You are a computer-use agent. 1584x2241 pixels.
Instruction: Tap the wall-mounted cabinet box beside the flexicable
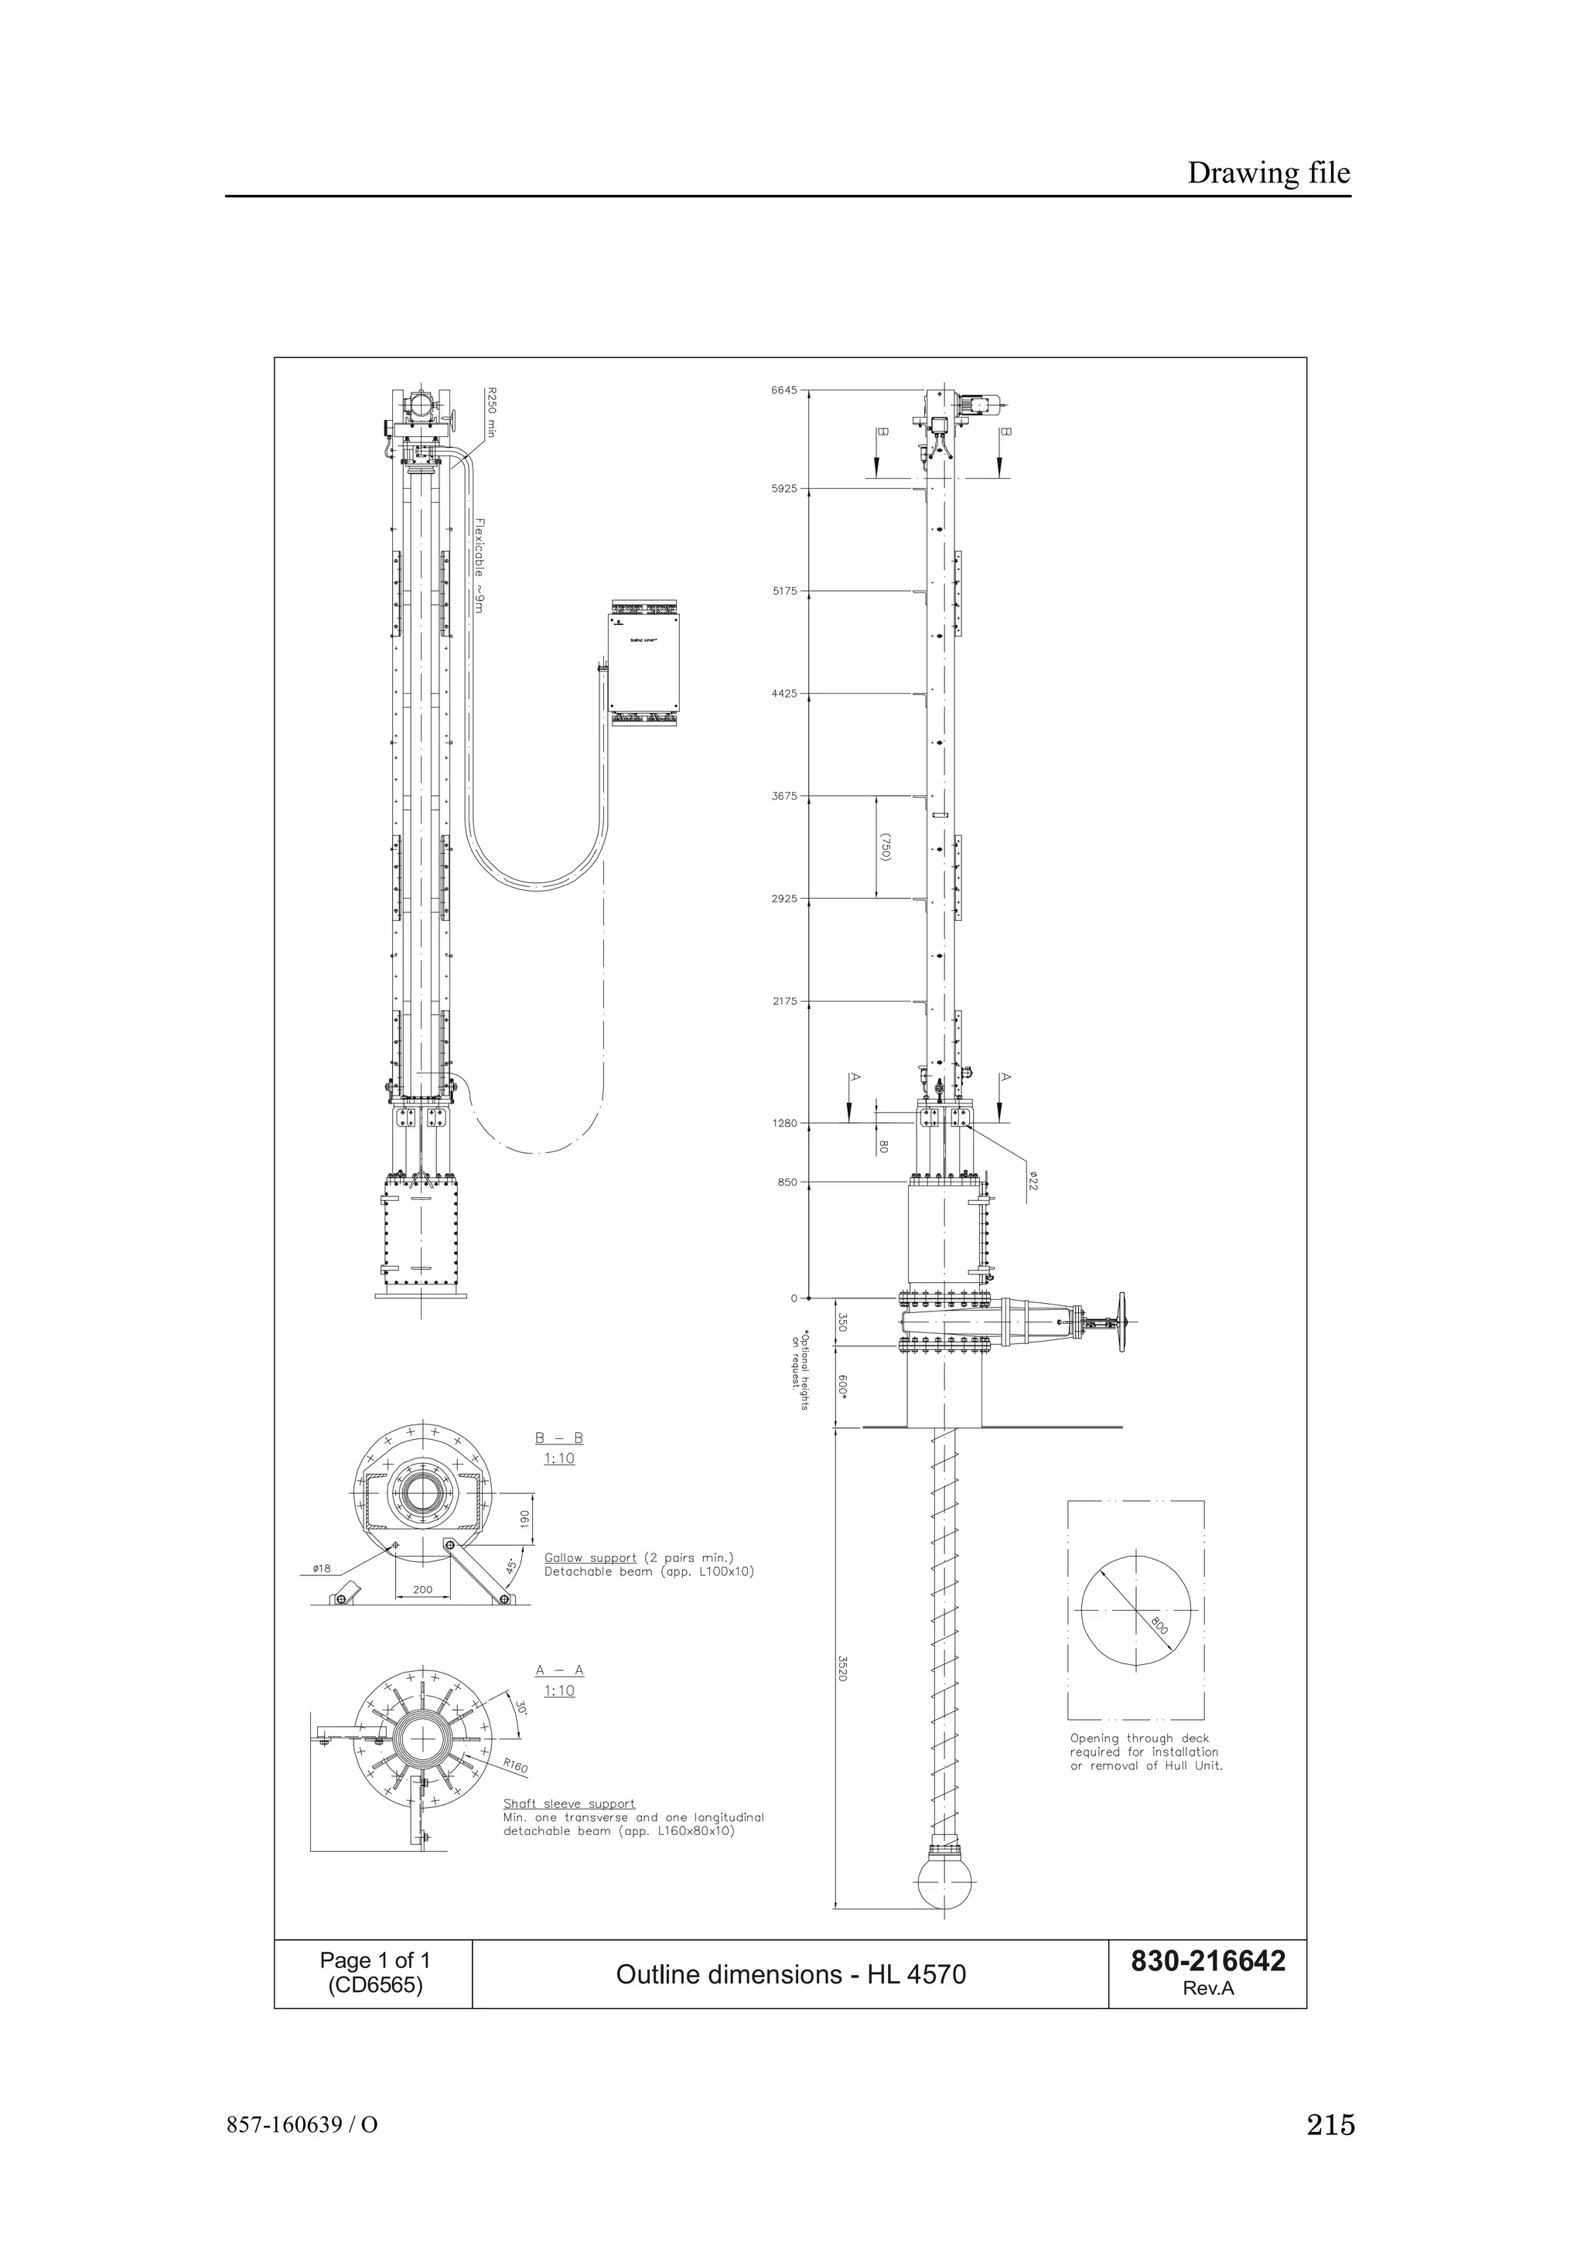643,663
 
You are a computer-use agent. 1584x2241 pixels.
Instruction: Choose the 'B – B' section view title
558,1438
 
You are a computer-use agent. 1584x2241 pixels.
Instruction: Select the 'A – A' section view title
559,1670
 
